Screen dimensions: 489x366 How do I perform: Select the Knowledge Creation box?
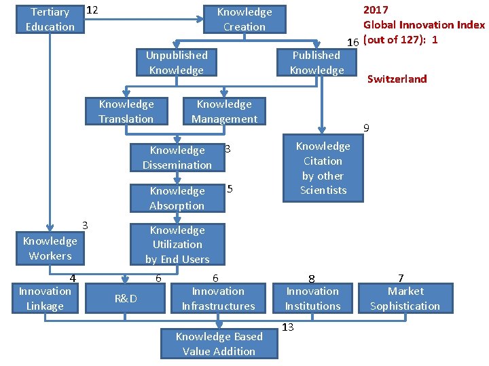click(x=244, y=19)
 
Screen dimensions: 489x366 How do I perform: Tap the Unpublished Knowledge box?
click(x=177, y=62)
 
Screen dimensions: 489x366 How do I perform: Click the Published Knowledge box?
click(x=316, y=62)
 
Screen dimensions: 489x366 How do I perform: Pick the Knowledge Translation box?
click(x=126, y=111)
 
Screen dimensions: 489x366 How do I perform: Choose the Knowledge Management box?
click(x=224, y=111)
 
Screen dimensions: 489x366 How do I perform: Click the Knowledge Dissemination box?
click(x=177, y=157)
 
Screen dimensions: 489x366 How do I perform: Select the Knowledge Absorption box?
click(x=177, y=198)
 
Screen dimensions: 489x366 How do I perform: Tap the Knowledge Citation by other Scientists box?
click(x=323, y=168)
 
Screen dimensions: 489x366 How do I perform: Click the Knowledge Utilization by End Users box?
click(x=177, y=244)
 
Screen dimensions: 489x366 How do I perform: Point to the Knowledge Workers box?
click(x=50, y=248)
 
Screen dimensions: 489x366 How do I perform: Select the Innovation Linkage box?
click(x=45, y=298)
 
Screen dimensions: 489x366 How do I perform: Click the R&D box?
click(x=126, y=298)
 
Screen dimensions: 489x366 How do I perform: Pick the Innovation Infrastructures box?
click(x=218, y=298)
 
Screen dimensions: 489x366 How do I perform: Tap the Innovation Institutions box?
click(x=312, y=298)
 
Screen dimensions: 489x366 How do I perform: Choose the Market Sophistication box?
click(x=405, y=298)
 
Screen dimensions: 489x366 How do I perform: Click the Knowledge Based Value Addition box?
click(x=219, y=344)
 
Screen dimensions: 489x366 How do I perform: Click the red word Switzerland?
click(x=397, y=79)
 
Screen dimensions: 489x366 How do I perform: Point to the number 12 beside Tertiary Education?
click(x=93, y=10)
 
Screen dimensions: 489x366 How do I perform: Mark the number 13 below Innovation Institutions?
click(x=288, y=327)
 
